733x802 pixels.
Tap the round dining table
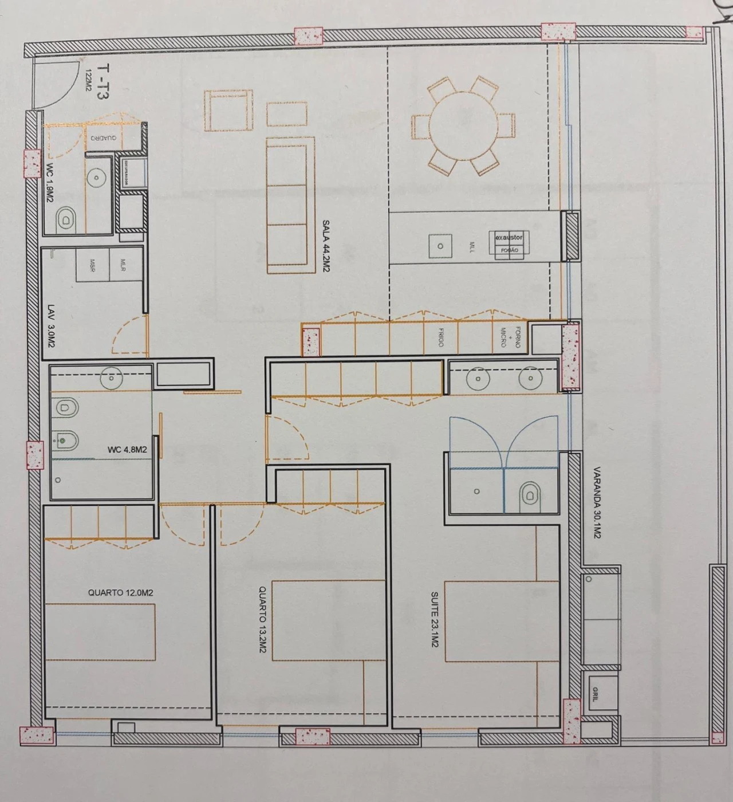tap(463, 125)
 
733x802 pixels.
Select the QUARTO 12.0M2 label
tap(121, 593)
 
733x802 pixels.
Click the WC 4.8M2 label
tap(127, 450)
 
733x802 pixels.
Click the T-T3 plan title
tap(102, 82)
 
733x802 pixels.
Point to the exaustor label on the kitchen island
tap(509, 237)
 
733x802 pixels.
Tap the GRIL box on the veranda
tap(596, 694)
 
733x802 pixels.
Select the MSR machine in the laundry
tap(92, 265)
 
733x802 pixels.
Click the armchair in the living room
tap(229, 111)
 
